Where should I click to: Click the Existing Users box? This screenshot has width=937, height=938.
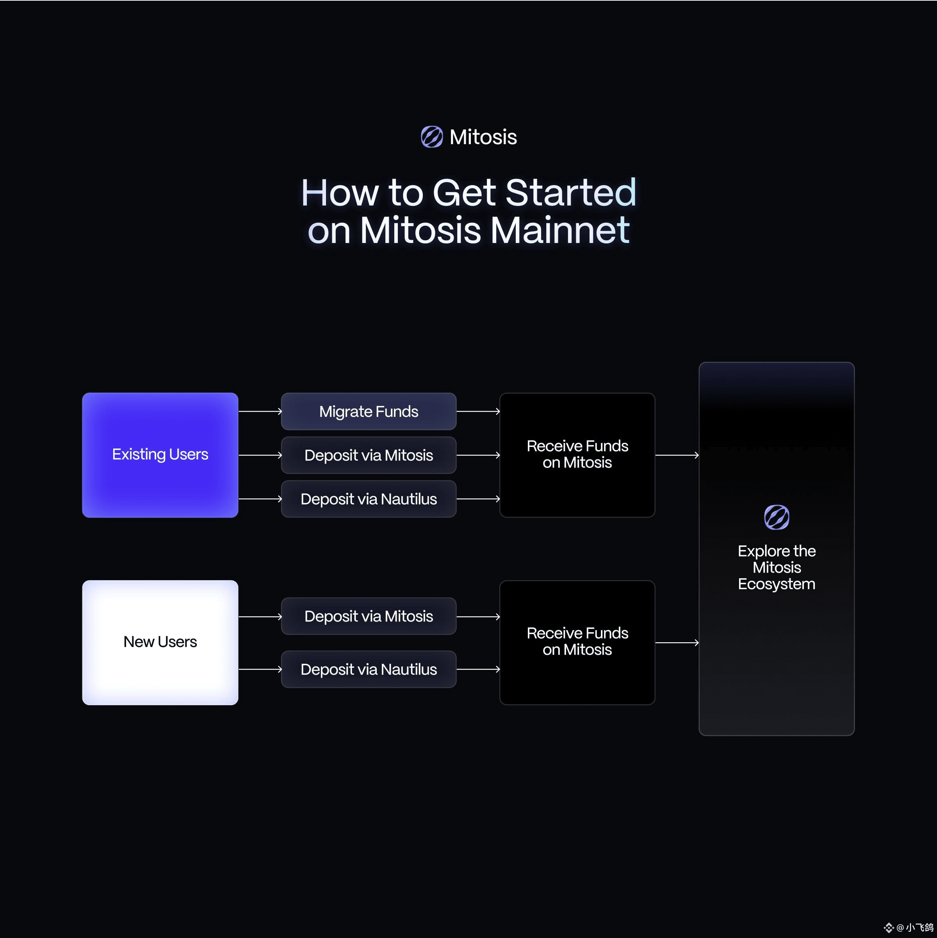tap(160, 455)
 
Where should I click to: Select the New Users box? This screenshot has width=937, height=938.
tap(160, 642)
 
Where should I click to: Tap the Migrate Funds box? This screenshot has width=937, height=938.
tap(369, 411)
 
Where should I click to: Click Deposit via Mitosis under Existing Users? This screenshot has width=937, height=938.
tap(369, 455)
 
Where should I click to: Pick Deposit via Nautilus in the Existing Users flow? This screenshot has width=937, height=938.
tap(369, 498)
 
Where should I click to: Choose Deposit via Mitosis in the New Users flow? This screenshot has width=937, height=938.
tap(369, 616)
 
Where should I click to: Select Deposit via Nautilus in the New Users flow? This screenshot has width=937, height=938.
tap(369, 669)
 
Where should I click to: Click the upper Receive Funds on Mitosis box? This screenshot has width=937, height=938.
tap(577, 455)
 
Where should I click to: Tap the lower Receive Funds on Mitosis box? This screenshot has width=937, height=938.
tap(577, 642)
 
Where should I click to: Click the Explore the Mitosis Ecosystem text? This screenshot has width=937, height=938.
tap(777, 567)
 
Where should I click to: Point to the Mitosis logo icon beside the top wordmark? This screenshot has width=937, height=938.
tap(432, 137)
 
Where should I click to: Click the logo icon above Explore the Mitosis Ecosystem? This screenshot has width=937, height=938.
tap(777, 517)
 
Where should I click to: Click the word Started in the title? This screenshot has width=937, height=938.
tap(571, 192)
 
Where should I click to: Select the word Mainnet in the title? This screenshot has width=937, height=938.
tap(560, 230)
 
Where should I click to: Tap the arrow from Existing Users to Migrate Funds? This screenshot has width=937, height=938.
tap(260, 411)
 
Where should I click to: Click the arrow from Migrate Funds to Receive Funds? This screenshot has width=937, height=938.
tap(478, 411)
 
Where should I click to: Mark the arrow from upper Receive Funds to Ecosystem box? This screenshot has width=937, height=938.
tap(677, 455)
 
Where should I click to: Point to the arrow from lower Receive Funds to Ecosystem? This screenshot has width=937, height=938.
tap(677, 642)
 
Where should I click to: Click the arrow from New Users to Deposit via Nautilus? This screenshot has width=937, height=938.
tap(260, 669)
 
